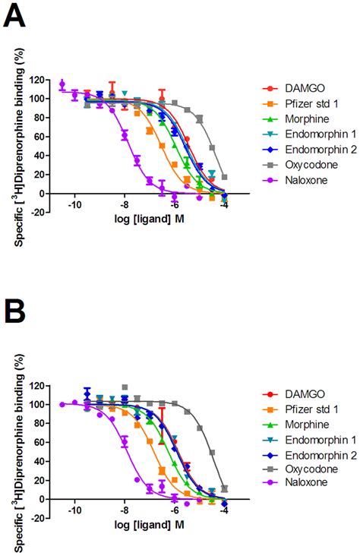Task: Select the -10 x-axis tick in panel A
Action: pos(74,225)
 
